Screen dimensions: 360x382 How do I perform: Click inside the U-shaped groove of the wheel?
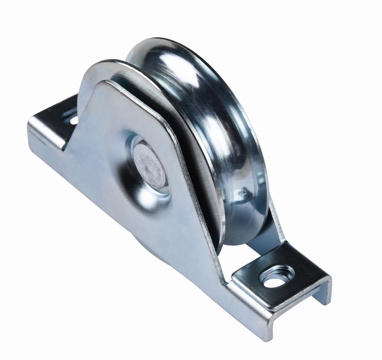[214, 128]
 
